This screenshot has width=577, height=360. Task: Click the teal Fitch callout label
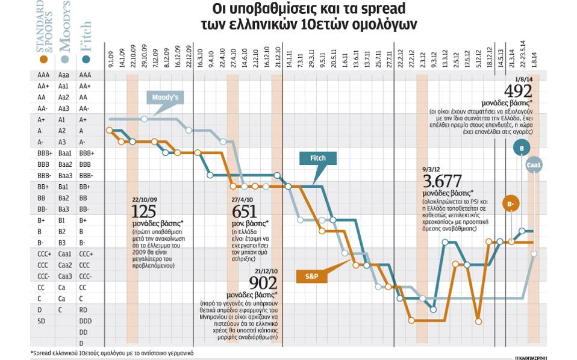pyautogui.click(x=317, y=158)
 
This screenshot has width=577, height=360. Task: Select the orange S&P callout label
pyautogui.click(x=311, y=276)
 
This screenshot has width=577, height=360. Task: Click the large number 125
pyautogui.click(x=145, y=211)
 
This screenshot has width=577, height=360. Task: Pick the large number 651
pyautogui.click(x=245, y=211)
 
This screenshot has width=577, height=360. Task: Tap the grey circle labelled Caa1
pyautogui.click(x=534, y=164)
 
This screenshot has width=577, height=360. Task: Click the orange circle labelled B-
pyautogui.click(x=511, y=205)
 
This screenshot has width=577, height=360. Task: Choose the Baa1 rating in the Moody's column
pyautogui.click(x=65, y=153)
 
